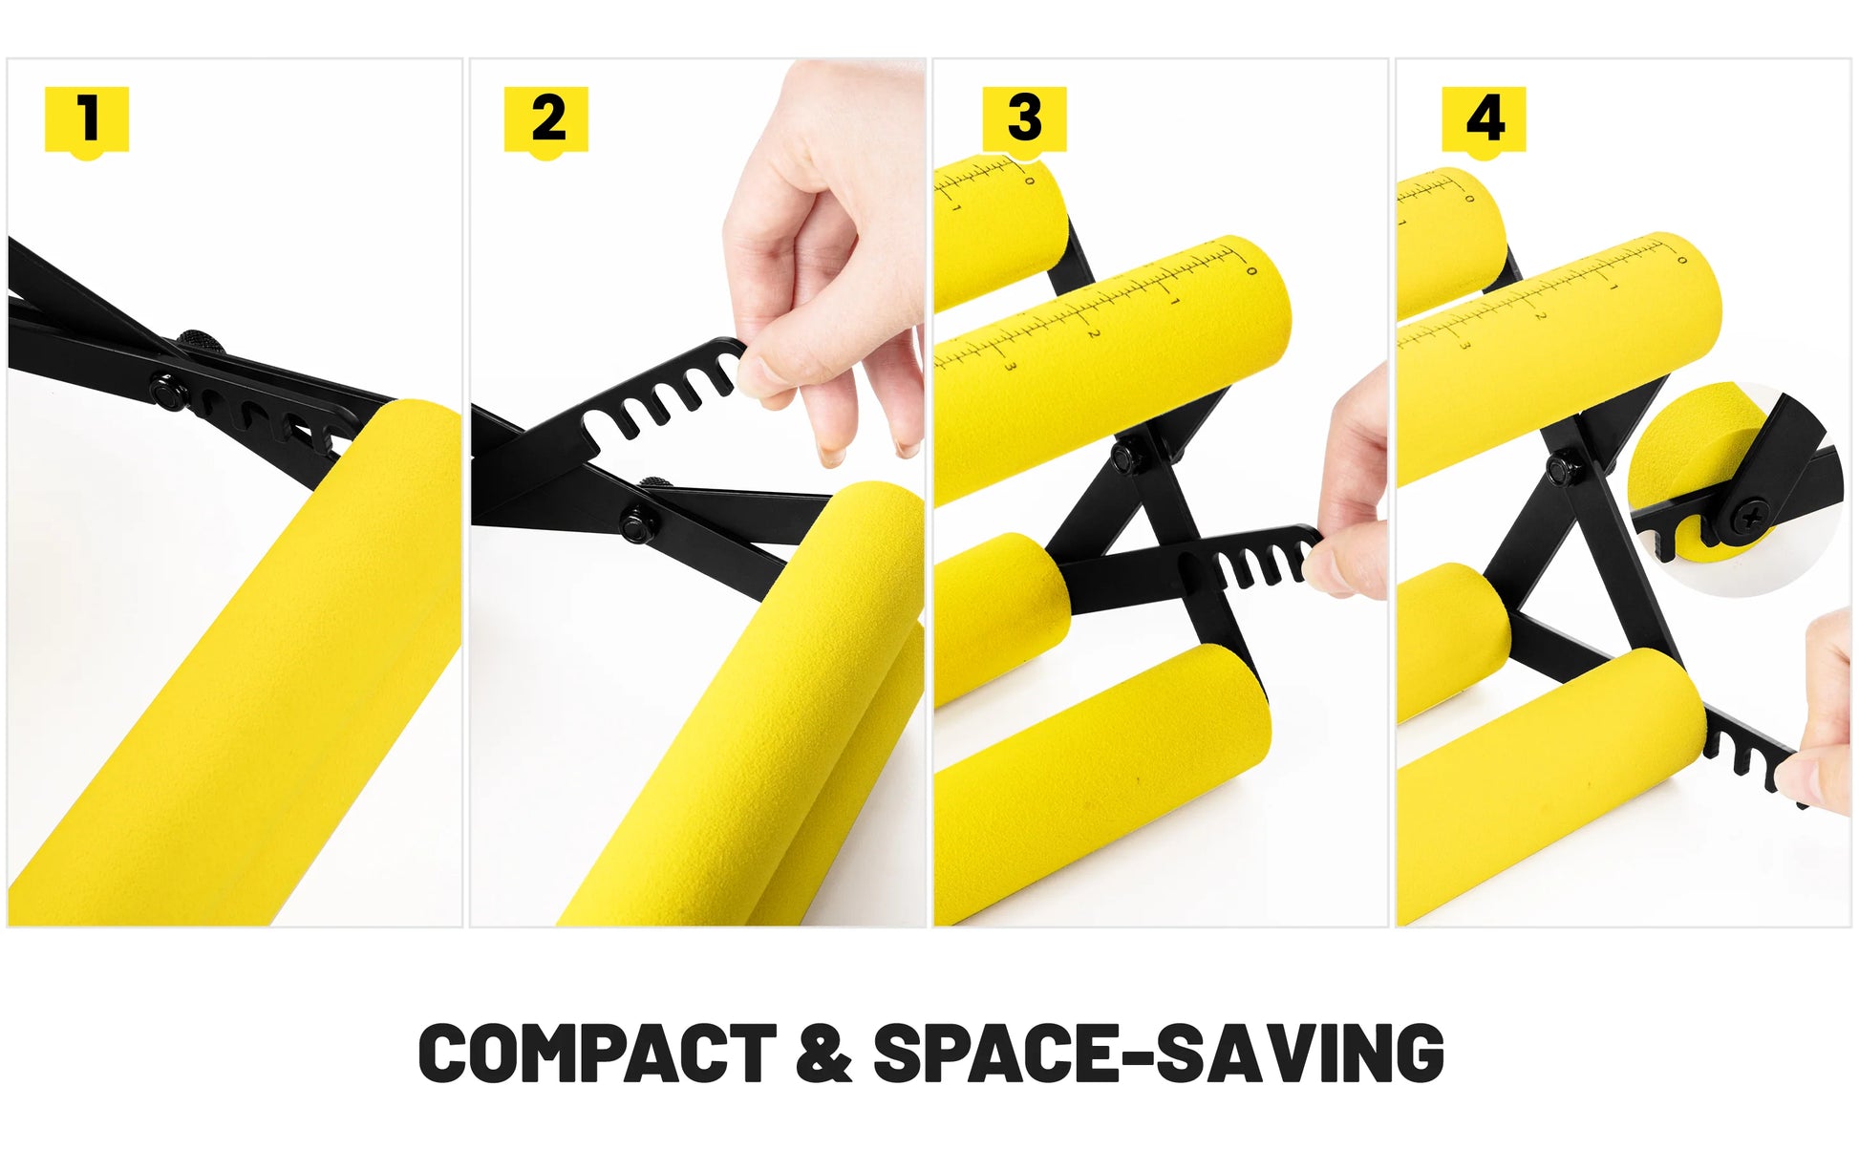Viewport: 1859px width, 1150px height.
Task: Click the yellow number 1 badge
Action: click(87, 121)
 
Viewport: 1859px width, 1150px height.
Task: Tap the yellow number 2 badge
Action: click(546, 121)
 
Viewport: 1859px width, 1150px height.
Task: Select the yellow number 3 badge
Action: click(1024, 121)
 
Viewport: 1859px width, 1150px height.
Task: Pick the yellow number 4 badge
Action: click(1484, 121)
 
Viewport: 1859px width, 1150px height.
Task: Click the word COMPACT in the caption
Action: click(598, 1053)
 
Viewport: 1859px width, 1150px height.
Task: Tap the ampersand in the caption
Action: click(823, 1053)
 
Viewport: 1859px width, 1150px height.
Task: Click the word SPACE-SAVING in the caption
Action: click(1158, 1053)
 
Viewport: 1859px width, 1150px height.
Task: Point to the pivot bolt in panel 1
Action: click(169, 391)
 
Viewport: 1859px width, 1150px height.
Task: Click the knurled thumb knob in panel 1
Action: click(200, 342)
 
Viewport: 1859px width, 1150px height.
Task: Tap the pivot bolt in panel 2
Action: click(636, 524)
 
